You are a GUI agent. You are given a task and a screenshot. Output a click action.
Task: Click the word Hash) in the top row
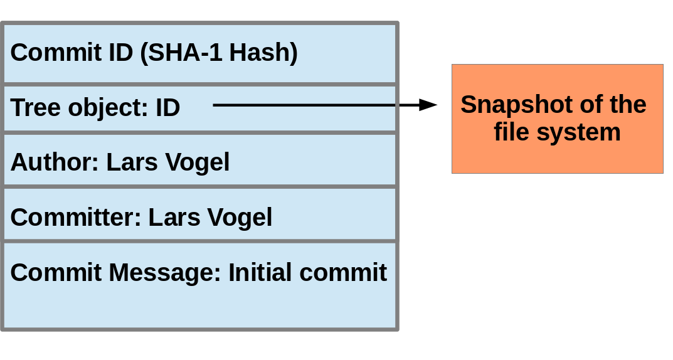(x=263, y=53)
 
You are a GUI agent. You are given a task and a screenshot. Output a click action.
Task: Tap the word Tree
(x=34, y=108)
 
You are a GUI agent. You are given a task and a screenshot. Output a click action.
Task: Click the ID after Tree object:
(x=167, y=108)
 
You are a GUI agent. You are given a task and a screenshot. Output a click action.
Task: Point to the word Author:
(x=55, y=162)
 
